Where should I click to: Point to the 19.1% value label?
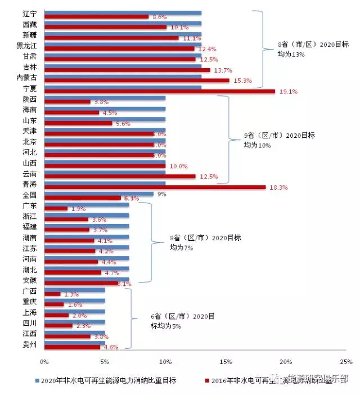(x=289, y=92)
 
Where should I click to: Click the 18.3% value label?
(x=280, y=187)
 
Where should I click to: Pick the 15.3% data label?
(x=244, y=81)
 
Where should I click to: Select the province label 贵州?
(x=29, y=344)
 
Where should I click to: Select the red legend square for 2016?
(x=206, y=380)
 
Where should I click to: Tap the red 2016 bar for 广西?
(x=52, y=294)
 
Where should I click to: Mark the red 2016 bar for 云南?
(x=120, y=176)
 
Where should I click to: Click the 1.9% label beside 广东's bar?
(x=79, y=209)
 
